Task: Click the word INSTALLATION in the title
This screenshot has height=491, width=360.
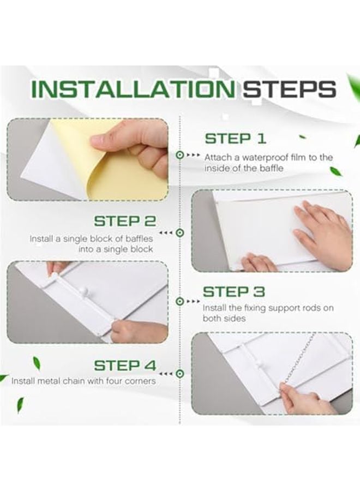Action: (x=133, y=89)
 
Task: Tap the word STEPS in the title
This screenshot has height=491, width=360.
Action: (x=290, y=89)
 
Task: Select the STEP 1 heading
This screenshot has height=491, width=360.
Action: (x=236, y=139)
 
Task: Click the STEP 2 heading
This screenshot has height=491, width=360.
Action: (x=125, y=221)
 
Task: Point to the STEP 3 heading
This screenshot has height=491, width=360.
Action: (x=234, y=292)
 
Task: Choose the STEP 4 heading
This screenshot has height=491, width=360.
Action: (x=125, y=366)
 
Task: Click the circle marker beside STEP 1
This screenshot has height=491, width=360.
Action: (x=179, y=155)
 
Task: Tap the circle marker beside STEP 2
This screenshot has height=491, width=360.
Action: (x=179, y=233)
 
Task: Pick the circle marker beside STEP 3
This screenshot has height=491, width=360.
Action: (x=179, y=302)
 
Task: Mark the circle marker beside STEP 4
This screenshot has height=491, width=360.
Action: (x=179, y=374)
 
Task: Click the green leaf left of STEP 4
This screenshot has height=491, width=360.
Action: (x=37, y=363)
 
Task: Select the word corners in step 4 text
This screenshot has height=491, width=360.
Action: (x=140, y=381)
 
